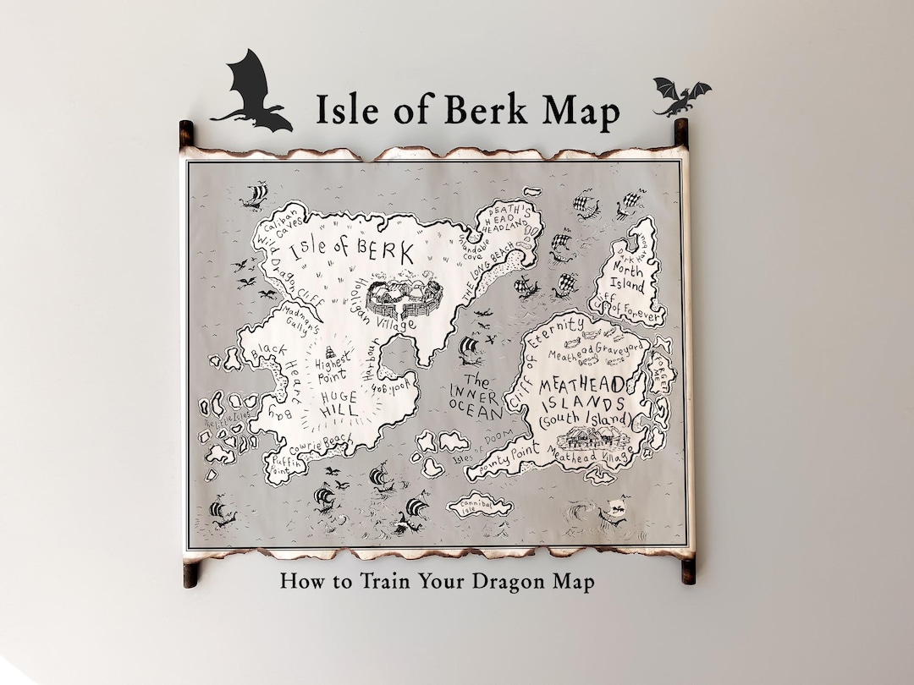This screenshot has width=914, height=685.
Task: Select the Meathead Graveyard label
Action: pyautogui.click(x=597, y=349)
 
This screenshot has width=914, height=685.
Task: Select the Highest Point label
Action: pyautogui.click(x=333, y=366)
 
